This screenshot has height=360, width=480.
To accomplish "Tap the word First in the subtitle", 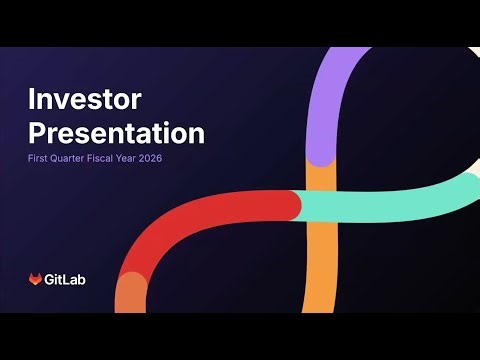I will click(38, 158).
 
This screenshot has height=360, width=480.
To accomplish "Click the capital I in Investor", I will click(31, 100).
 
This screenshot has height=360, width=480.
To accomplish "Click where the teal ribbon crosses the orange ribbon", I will click(320, 204).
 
